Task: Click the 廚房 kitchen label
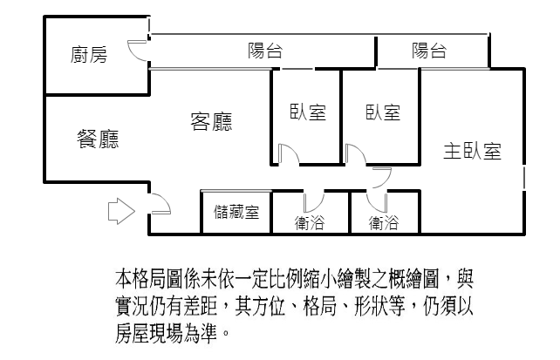coord(89,55)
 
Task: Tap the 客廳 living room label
coord(211,122)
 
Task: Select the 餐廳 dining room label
coord(98,139)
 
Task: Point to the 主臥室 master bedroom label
coord(472,151)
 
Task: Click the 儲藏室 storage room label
coord(236,212)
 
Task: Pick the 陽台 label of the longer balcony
coord(265,51)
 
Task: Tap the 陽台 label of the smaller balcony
coord(429,51)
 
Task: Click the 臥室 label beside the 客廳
coord(308,112)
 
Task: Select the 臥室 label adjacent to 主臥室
coord(383,112)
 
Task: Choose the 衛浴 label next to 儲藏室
coord(310,222)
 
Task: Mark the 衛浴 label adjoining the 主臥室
coord(384,222)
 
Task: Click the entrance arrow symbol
coord(121,211)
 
